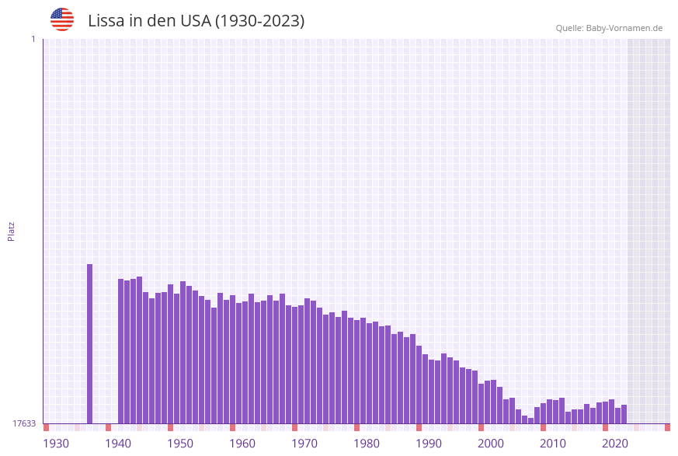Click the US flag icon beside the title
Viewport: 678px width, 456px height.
coord(62,19)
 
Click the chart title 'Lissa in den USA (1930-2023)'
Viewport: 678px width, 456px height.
coord(196,21)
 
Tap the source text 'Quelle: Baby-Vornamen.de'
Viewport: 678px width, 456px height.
coord(609,28)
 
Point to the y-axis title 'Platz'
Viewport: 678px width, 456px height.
coord(11,231)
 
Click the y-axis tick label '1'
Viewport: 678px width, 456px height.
coord(33,39)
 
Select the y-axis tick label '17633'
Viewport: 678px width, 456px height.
coord(24,423)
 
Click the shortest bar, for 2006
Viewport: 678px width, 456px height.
coord(530,420)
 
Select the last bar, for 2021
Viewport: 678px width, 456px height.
coord(624,414)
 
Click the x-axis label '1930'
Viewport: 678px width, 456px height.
coord(56,444)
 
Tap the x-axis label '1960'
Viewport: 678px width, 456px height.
coord(242,444)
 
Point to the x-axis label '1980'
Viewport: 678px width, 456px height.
coord(367,444)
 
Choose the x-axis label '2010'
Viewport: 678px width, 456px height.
coord(553,444)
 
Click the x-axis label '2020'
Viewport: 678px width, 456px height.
coord(615,444)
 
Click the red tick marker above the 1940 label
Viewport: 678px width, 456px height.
coord(108,427)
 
